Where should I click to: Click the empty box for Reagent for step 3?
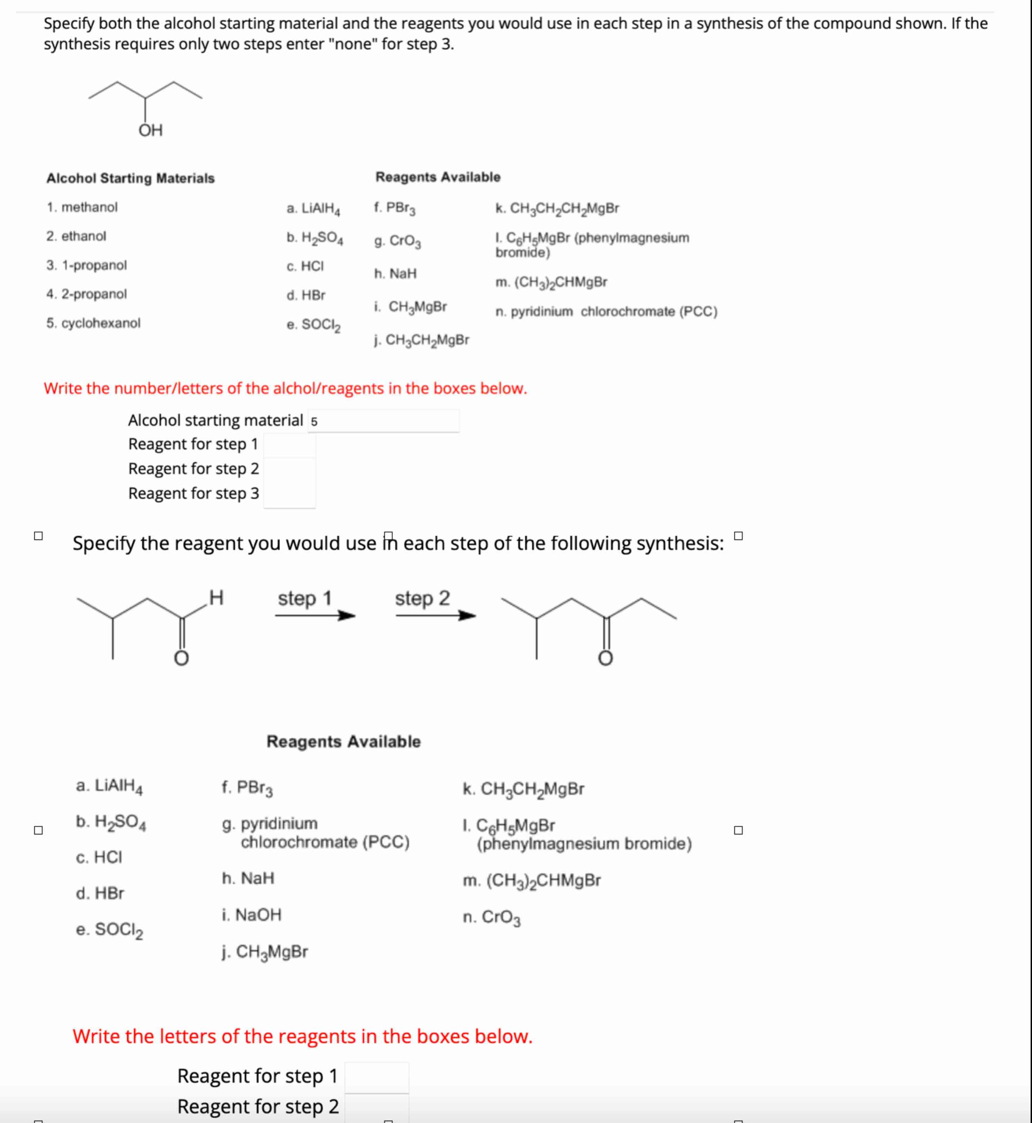tap(289, 494)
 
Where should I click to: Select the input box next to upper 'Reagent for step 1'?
tap(289, 445)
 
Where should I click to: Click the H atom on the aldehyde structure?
tap(216, 598)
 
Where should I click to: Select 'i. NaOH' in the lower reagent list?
tap(251, 915)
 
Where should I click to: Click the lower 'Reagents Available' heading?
tap(343, 741)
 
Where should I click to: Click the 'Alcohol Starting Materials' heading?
tap(130, 178)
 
